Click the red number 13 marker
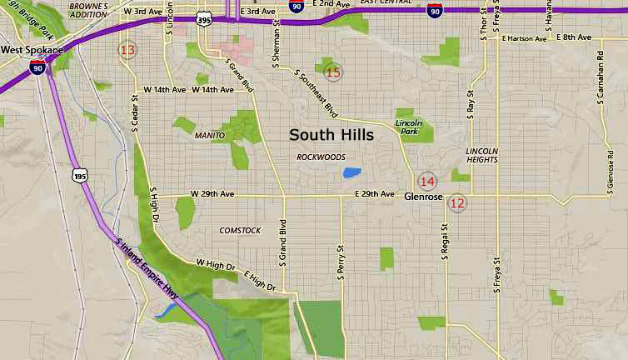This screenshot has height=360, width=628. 127,51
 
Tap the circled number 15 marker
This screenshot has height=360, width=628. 333,72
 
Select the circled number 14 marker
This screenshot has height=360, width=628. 427,182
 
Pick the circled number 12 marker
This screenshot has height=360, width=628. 457,202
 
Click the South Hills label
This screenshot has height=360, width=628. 331,134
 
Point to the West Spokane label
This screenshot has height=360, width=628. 32,50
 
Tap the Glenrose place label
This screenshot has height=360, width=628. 421,198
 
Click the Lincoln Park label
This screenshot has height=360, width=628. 409,127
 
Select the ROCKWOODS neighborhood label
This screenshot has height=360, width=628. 321,157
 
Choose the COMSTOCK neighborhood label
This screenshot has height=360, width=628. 240,230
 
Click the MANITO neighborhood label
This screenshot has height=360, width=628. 209,135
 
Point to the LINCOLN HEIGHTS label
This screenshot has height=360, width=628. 481,156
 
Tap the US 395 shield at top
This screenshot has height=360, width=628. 204,17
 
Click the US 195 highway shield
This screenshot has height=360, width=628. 80,175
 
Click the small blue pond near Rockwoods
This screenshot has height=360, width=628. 352,172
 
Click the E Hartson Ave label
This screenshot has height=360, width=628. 523,38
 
